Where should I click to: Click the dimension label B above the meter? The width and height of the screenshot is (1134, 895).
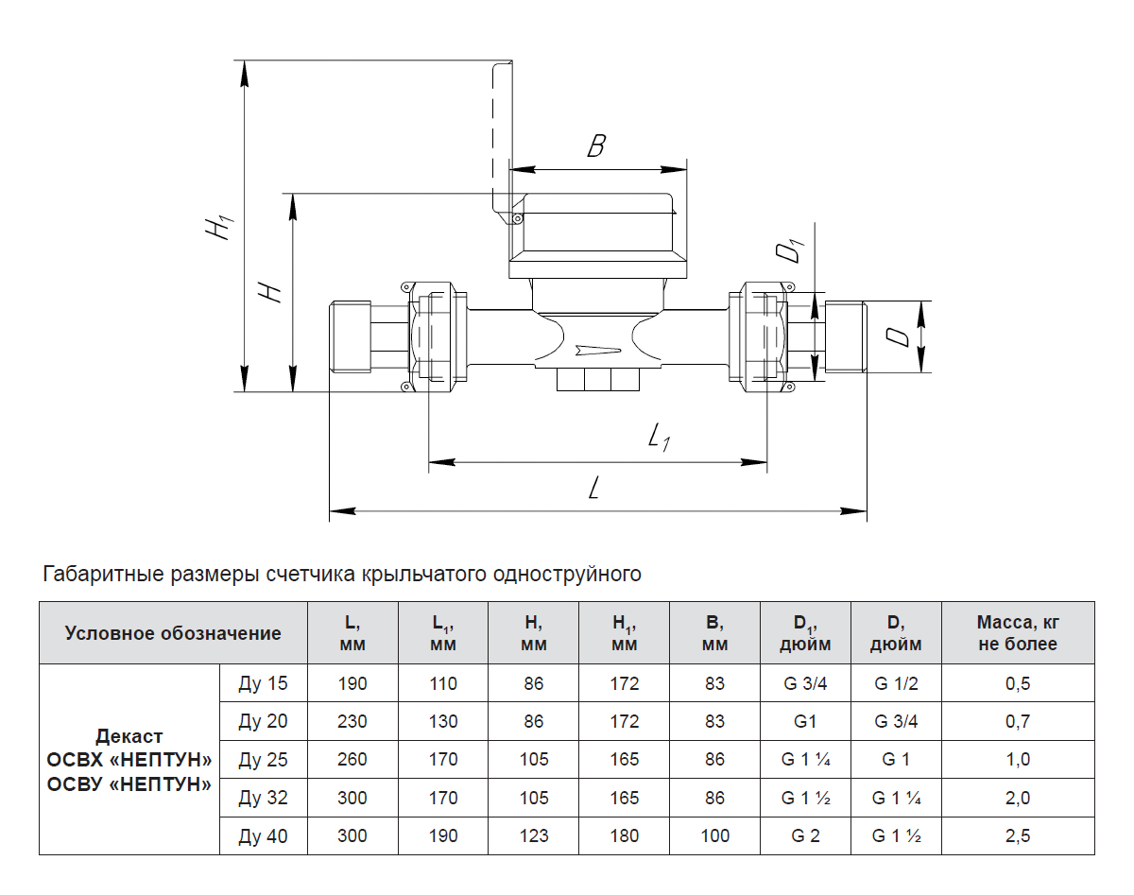pos(595,147)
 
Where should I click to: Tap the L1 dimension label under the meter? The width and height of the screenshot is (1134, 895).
pos(658,437)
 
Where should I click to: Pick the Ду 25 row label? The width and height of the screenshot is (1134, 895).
pos(263,760)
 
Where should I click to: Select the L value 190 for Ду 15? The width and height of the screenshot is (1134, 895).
pos(352,684)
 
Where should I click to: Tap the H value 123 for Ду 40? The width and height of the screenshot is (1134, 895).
pos(534,836)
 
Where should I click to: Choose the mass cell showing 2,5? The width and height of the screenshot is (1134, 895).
pos(1018,836)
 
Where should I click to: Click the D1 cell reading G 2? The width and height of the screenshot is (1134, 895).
pos(805,836)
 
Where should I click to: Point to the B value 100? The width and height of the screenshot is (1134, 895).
pos(715,836)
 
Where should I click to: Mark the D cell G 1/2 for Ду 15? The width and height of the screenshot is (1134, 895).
pos(896,684)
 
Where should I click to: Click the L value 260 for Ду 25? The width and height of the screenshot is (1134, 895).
pos(352,760)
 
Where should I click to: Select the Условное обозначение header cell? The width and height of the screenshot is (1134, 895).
pos(173,633)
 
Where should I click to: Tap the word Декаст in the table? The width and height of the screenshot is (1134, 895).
pos(129,736)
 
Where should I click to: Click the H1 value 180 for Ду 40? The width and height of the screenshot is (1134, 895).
pos(625,836)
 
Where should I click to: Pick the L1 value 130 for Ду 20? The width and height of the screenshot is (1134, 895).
pos(443,722)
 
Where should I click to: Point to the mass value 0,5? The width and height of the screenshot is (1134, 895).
pos(1018,684)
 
